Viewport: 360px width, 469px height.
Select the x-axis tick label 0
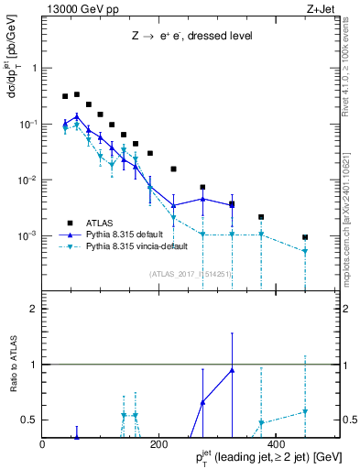42,444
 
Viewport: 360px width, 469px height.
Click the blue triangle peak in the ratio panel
232,370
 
